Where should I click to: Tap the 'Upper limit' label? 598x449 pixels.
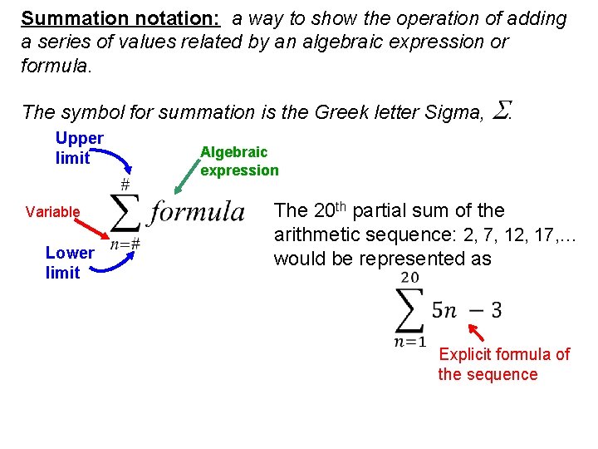[79, 148]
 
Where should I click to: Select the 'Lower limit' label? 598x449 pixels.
[69, 262]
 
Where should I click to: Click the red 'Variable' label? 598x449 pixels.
[52, 212]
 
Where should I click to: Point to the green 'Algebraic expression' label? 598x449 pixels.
[239, 160]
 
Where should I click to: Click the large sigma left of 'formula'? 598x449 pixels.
[125, 214]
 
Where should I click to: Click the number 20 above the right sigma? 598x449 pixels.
[409, 278]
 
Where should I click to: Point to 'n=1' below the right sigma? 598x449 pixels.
[409, 342]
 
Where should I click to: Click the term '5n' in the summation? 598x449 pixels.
[444, 311]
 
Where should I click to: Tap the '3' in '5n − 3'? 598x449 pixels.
[496, 311]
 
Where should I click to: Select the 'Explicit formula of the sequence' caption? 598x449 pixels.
[503, 364]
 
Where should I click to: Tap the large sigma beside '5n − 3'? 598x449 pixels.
[409, 309]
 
